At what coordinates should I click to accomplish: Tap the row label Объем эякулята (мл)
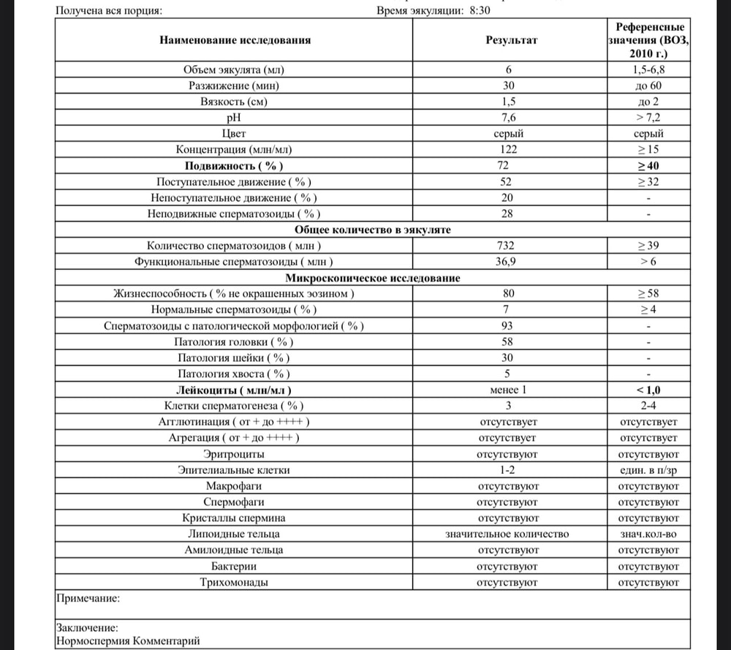(234, 70)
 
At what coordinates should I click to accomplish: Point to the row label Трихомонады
(234, 583)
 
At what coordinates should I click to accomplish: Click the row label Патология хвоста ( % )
(234, 374)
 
